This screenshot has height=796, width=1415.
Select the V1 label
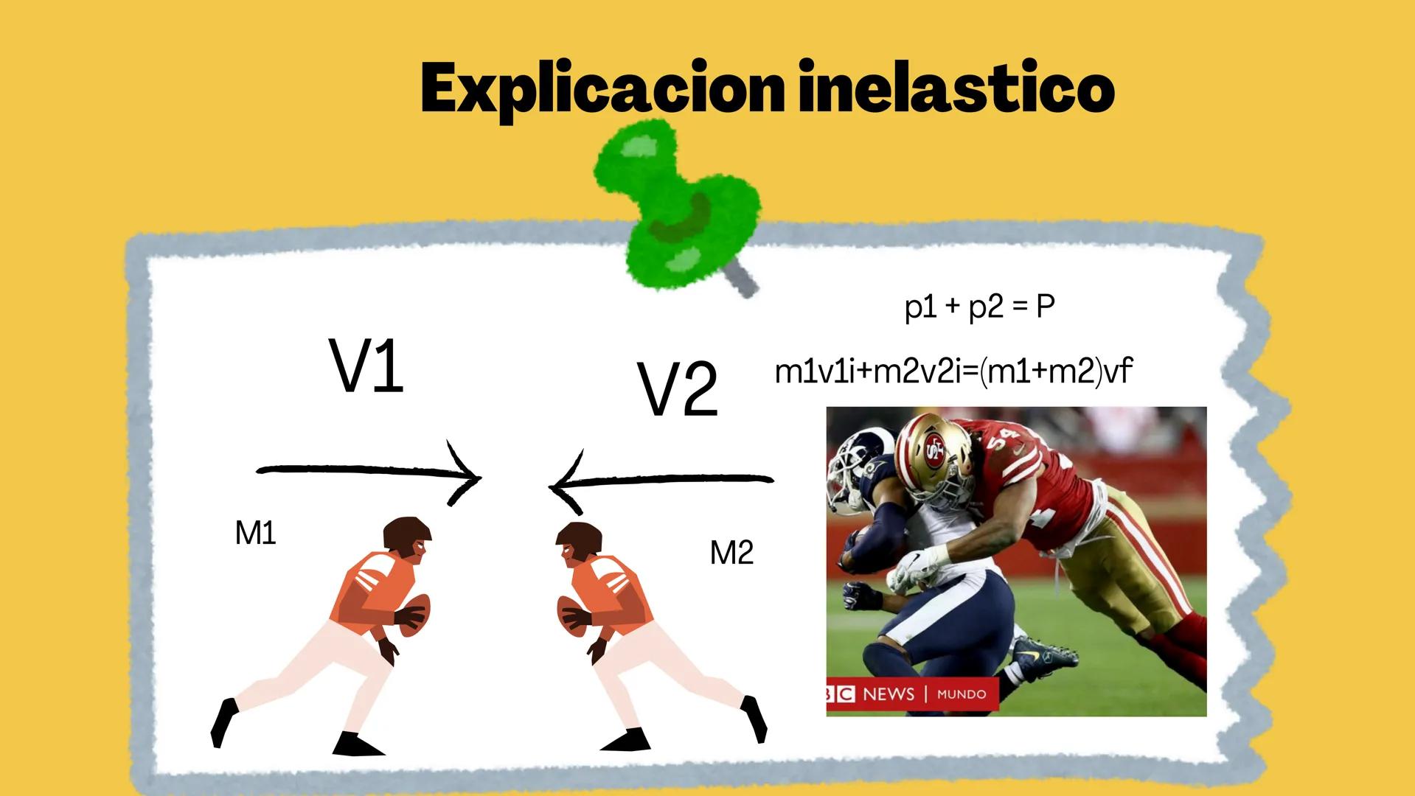pos(366,366)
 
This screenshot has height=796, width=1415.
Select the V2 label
pos(677,388)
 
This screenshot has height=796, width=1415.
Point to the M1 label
pos(255,533)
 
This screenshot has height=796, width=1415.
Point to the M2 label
pos(731,553)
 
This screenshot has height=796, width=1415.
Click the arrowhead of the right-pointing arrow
pos(469,475)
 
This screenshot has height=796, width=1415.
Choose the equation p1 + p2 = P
pos(979,306)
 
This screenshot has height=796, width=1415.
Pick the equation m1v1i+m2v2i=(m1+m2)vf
pos(953,371)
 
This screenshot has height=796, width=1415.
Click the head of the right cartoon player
pos(579,542)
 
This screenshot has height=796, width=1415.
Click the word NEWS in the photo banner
pos(888,694)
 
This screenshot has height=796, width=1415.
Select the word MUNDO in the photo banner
pos(961,694)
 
